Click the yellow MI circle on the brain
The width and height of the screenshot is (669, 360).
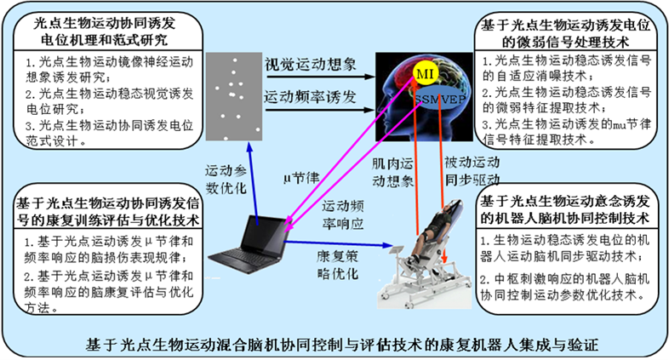click(x=425, y=74)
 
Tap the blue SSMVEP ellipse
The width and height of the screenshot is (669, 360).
click(x=439, y=100)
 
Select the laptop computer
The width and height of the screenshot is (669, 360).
click(x=249, y=245)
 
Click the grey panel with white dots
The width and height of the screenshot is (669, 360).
click(x=234, y=96)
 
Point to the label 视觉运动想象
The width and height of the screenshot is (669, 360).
click(x=310, y=65)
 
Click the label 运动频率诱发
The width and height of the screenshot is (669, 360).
click(x=310, y=97)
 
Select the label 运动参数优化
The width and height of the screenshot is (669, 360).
click(x=226, y=180)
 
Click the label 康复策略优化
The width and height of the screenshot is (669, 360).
click(x=338, y=265)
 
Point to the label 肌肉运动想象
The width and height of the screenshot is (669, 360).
click(x=392, y=172)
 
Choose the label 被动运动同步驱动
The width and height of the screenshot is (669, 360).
click(x=472, y=171)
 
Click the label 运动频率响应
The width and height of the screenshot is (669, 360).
click(x=343, y=215)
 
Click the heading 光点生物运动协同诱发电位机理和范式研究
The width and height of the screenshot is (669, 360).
click(x=105, y=31)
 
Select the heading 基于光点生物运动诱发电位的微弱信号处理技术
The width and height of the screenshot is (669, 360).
click(x=566, y=34)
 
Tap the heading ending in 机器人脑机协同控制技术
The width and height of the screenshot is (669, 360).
click(x=565, y=210)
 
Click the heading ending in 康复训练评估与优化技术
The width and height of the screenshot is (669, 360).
click(x=107, y=212)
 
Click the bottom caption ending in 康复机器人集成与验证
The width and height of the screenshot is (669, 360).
click(x=342, y=345)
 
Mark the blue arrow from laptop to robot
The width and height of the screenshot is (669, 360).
click(x=338, y=243)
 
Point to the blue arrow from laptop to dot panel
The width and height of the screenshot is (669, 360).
click(x=253, y=184)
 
